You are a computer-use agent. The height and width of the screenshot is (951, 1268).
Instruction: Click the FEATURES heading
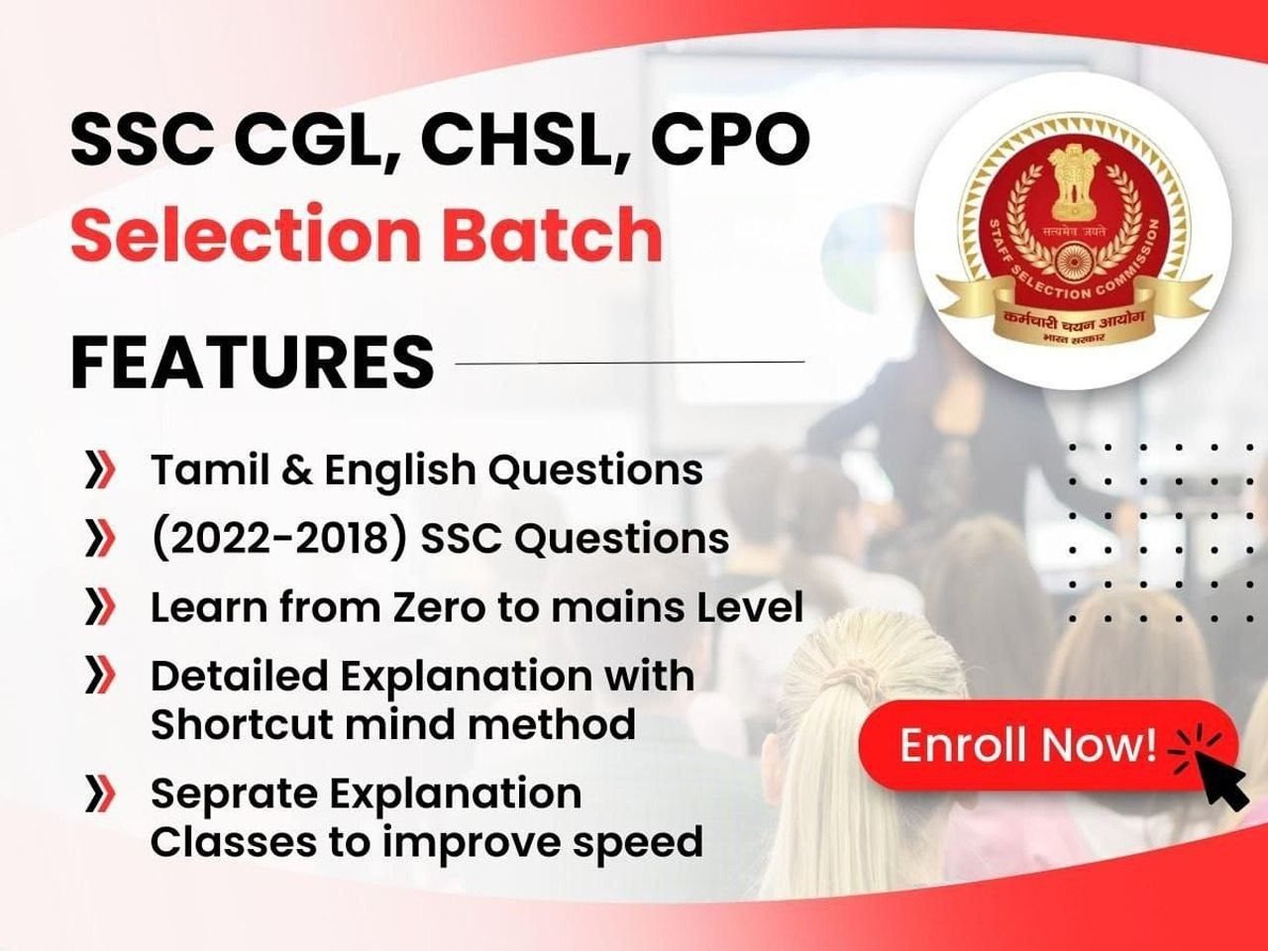coord(252,363)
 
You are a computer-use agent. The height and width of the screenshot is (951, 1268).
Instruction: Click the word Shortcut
coord(243,723)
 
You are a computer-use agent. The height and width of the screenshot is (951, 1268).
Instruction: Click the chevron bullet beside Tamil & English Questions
coord(99,471)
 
